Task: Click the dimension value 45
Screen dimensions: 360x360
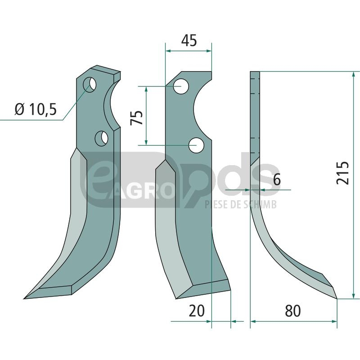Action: pyautogui.click(x=189, y=40)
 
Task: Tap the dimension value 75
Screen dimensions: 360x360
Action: pyautogui.click(x=136, y=118)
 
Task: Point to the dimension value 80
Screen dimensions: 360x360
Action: pyautogui.click(x=293, y=311)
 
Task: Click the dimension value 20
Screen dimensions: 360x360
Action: pyautogui.click(x=197, y=311)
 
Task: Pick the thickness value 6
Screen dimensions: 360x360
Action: pyautogui.click(x=277, y=179)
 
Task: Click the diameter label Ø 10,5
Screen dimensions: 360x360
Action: pyautogui.click(x=36, y=109)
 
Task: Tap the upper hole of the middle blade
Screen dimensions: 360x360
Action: pyautogui.click(x=181, y=86)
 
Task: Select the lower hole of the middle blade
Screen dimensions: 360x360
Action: pyautogui.click(x=197, y=145)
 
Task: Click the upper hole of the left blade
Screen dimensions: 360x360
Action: pyautogui.click(x=90, y=85)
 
